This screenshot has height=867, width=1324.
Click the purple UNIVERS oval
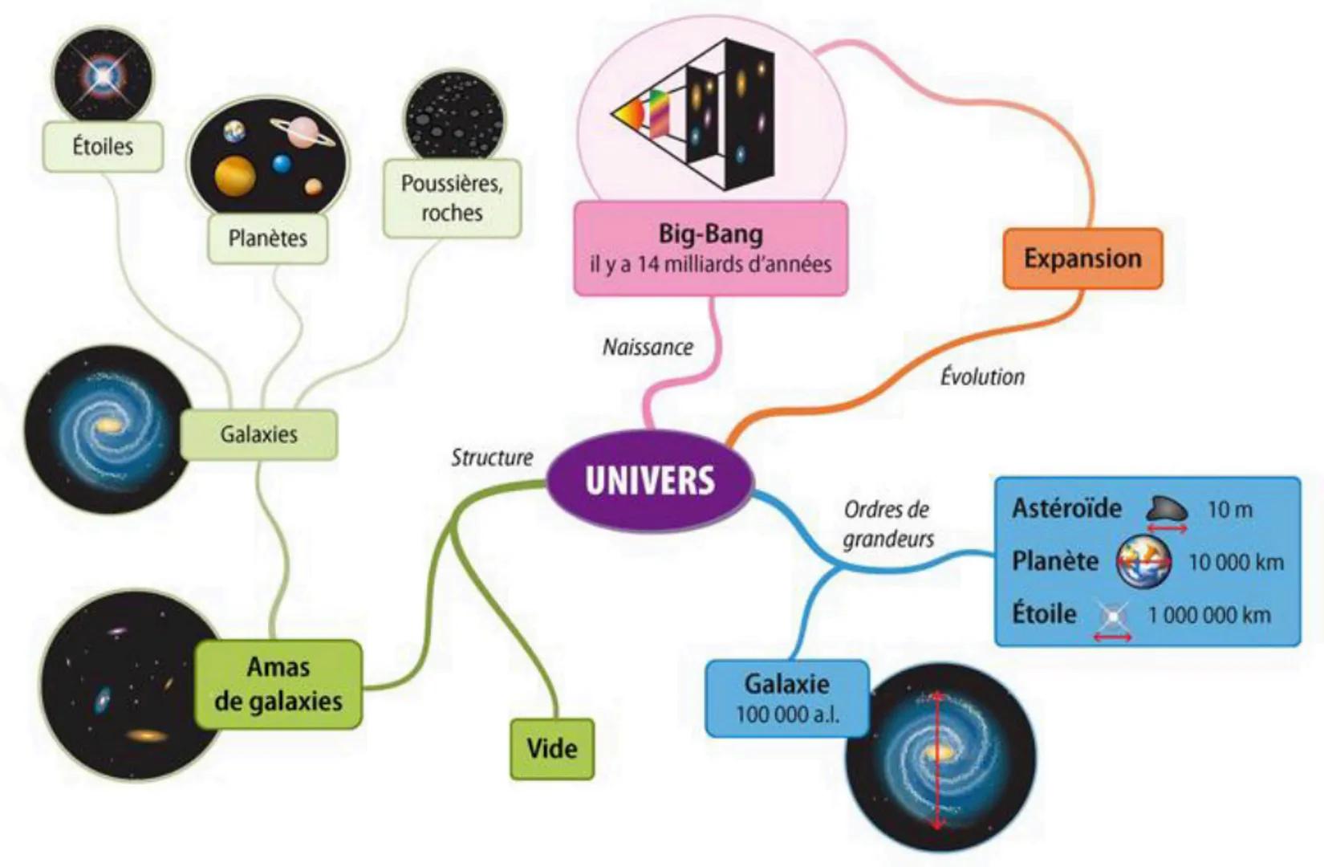pyautogui.click(x=650, y=480)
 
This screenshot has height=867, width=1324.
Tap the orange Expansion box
pyautogui.click(x=1082, y=258)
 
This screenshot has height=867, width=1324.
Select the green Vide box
pyautogui.click(x=552, y=748)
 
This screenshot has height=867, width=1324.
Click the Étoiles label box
pyautogui.click(x=103, y=146)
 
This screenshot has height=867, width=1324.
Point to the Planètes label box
pyautogui.click(x=267, y=238)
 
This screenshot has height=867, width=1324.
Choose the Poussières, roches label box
pyautogui.click(x=452, y=197)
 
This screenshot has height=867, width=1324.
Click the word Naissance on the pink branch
pyautogui.click(x=648, y=347)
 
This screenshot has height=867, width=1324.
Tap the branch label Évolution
pyautogui.click(x=982, y=377)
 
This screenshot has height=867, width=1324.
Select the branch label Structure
pyautogui.click(x=492, y=458)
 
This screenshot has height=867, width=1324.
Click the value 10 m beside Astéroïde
pyautogui.click(x=1229, y=509)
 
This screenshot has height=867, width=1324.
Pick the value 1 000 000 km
pyautogui.click(x=1209, y=615)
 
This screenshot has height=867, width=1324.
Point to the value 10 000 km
pyautogui.click(x=1236, y=562)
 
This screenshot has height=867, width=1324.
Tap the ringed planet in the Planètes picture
pyautogui.click(x=303, y=131)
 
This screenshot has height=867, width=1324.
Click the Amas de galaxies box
pyautogui.click(x=278, y=684)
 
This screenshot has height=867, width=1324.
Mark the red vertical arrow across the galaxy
pyautogui.click(x=937, y=759)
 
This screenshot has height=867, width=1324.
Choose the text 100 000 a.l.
pyautogui.click(x=787, y=714)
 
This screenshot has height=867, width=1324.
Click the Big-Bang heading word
pyautogui.click(x=710, y=234)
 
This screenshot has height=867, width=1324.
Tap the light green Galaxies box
pyautogui.click(x=258, y=434)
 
